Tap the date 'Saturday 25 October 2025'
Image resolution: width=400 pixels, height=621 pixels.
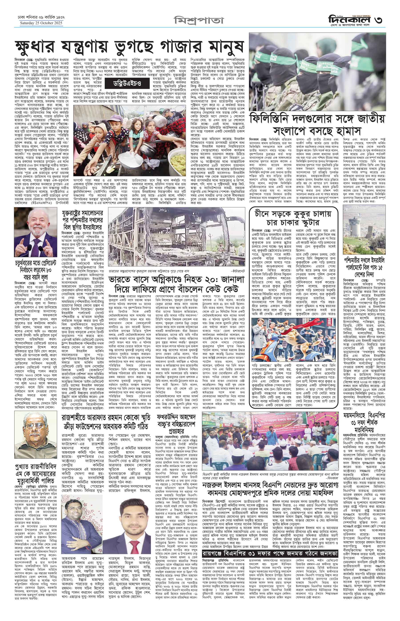pyautogui.click(x=42, y=23)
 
